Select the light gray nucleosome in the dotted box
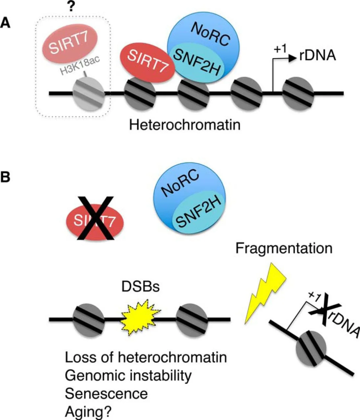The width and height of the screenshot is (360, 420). [88, 94]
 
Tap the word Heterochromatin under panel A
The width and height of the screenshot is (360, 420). [185, 125]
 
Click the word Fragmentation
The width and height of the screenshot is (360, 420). [284, 248]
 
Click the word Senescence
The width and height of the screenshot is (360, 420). [106, 393]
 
